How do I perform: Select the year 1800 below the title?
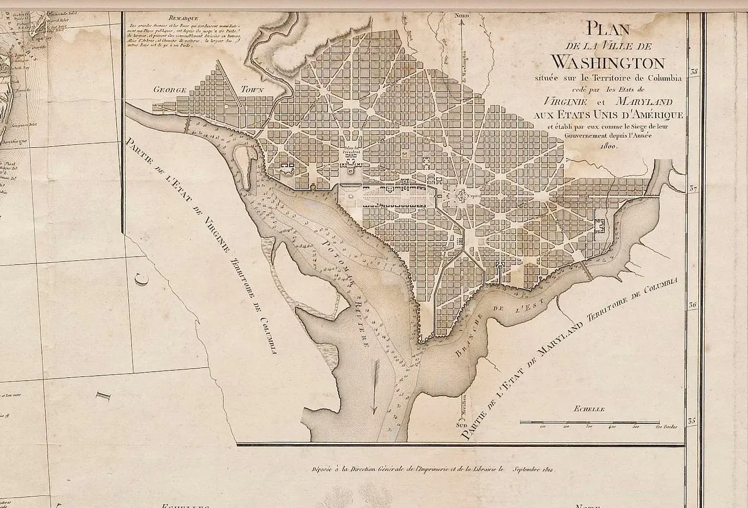[x=608, y=147]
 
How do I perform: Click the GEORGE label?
[x=170, y=90]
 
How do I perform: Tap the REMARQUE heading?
[x=177, y=18]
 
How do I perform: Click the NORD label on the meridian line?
[x=462, y=16]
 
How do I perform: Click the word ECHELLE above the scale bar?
[x=588, y=409]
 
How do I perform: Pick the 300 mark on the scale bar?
[x=589, y=427]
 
